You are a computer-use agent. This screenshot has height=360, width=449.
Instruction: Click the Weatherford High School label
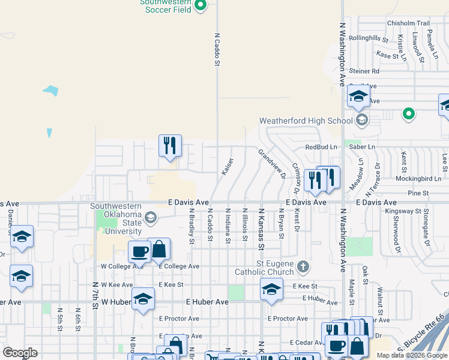tap(306, 121)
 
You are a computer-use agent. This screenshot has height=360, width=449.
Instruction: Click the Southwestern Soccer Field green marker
tap(201, 7)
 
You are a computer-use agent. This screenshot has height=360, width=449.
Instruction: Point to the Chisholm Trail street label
tap(409, 23)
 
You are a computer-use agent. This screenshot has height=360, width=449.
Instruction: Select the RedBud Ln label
tap(323, 147)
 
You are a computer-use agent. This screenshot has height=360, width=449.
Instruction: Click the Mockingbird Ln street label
tap(418, 179)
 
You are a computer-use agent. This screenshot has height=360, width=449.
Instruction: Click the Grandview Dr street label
tap(270, 160)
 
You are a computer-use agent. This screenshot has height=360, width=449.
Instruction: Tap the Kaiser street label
tap(227, 167)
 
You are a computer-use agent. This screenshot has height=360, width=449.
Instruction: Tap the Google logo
tap(20, 353)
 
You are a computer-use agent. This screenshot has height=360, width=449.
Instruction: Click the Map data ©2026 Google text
tap(412, 355)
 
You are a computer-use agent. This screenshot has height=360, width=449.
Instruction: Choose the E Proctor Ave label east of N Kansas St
tap(288, 319)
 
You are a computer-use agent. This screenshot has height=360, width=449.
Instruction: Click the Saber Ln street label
tap(361, 147)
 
